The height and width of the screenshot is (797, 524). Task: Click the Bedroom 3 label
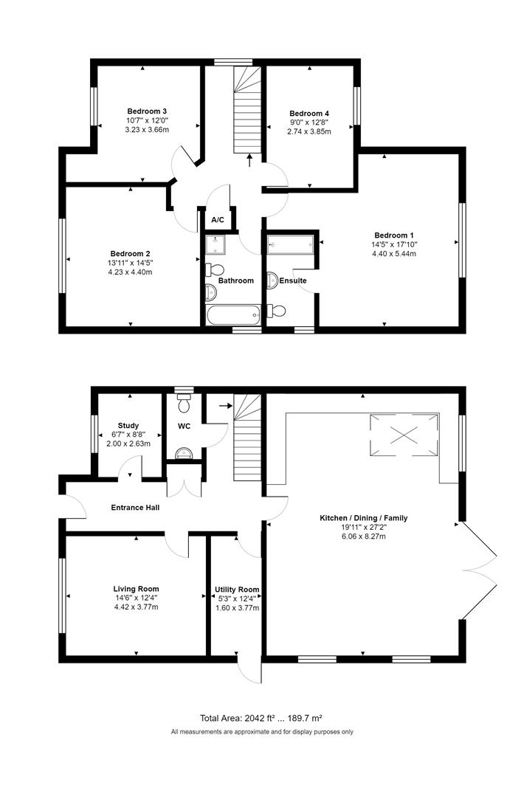[x=146, y=111]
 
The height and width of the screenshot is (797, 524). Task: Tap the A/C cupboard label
[x=218, y=220]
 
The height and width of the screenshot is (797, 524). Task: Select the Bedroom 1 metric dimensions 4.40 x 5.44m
[x=394, y=254]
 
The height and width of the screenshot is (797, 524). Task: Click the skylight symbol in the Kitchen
[x=404, y=434]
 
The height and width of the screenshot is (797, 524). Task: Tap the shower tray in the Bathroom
[x=217, y=243]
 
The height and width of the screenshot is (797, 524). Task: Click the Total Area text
[x=261, y=718]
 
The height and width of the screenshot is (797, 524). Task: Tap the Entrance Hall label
[x=135, y=508]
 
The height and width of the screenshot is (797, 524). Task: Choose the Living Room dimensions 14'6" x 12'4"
[x=136, y=598]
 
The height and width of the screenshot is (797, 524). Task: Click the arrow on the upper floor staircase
[x=249, y=159]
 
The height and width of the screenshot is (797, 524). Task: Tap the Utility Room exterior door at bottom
[x=249, y=668]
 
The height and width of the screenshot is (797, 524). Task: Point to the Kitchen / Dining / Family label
[x=363, y=518]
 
